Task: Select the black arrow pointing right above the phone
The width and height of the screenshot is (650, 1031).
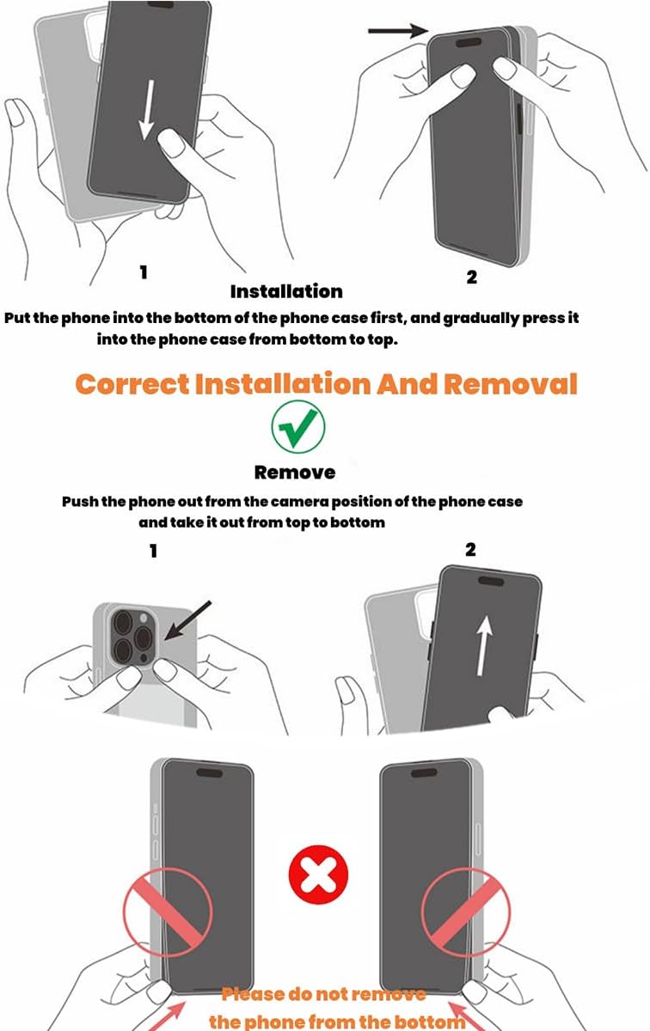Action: [x=398, y=31]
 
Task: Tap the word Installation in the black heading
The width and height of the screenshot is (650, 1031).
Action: [x=286, y=291]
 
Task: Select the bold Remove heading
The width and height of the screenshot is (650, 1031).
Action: [x=294, y=472]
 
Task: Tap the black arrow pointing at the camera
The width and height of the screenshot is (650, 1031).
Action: [x=187, y=619]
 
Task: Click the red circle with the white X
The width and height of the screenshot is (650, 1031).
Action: [x=318, y=877]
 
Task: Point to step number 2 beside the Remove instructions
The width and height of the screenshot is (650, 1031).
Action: [x=470, y=549]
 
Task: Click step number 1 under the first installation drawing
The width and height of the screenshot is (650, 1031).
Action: [x=144, y=272]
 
